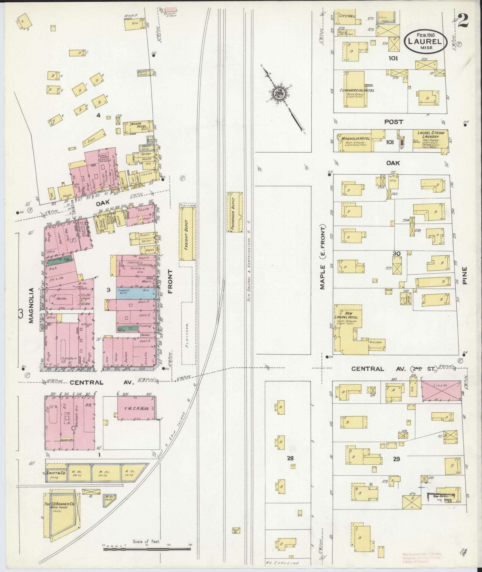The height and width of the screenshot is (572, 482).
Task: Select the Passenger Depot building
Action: click(235, 212)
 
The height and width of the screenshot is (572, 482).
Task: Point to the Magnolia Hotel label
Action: click(355, 138)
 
